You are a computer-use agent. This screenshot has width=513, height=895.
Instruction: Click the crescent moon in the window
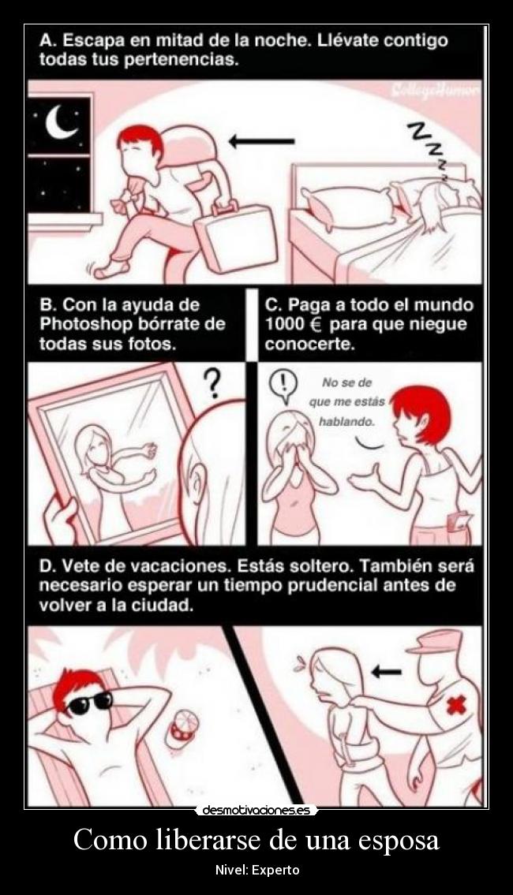(60, 121)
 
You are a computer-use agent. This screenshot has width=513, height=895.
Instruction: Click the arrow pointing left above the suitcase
(260, 142)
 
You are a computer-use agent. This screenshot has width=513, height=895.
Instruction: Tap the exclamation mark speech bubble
(282, 384)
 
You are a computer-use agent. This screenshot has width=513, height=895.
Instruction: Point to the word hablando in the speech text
(346, 421)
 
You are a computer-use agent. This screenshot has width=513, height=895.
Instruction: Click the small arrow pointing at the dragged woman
(386, 672)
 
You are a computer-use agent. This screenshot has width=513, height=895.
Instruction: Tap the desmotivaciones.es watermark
(256, 810)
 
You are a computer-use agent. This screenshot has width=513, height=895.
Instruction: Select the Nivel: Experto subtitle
(256, 870)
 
